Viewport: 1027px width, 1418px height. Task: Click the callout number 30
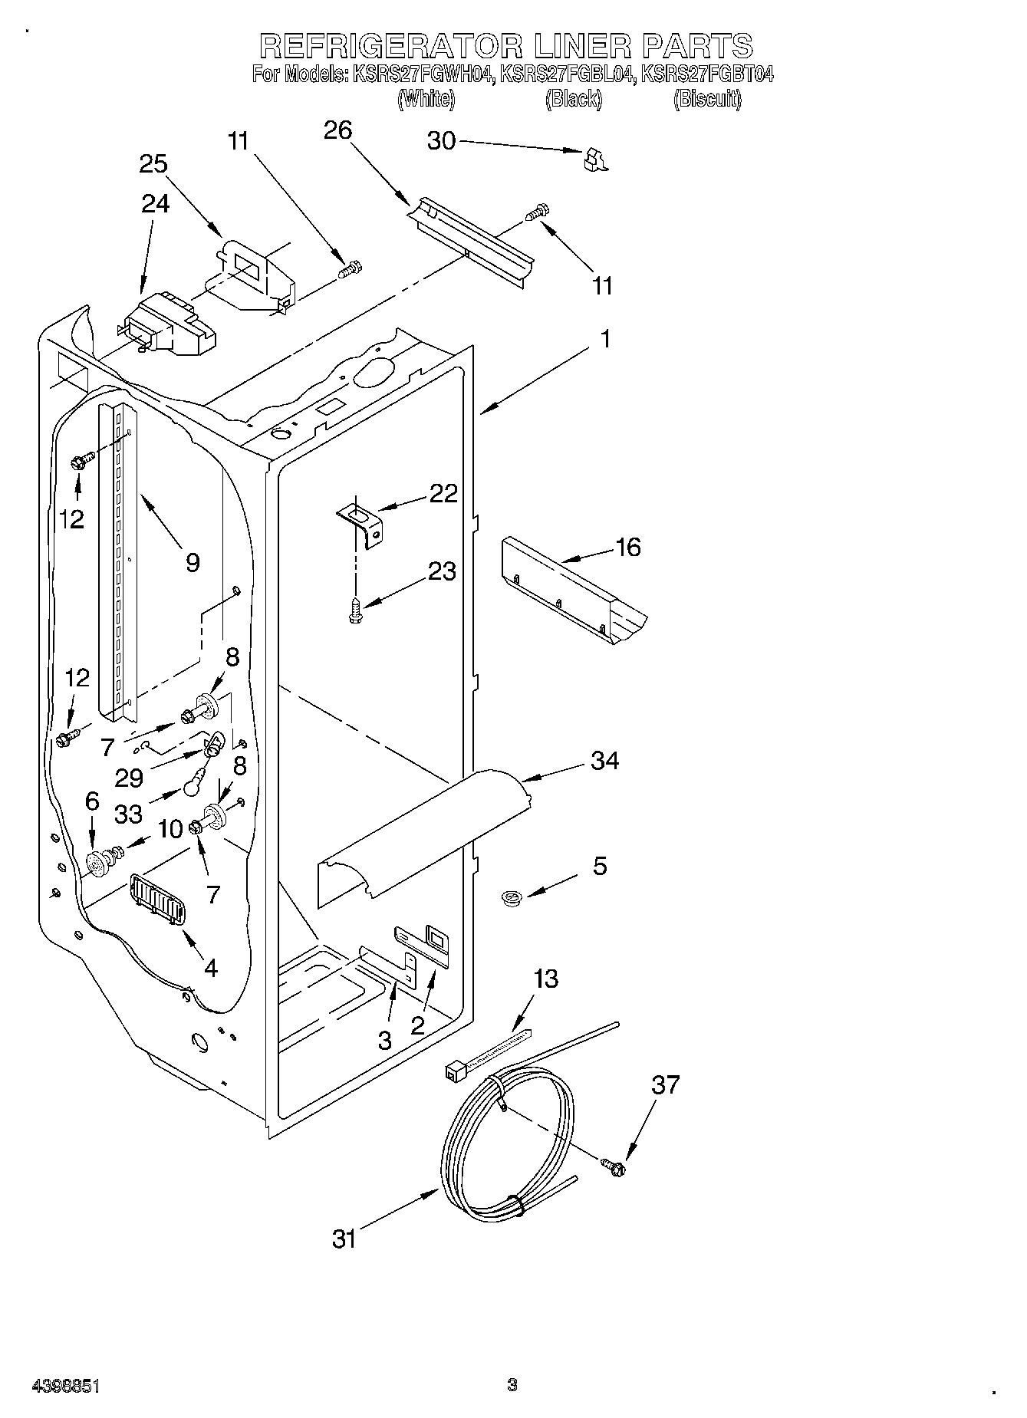click(441, 141)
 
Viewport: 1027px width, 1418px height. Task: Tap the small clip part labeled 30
click(594, 159)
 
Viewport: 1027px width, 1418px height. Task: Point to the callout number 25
click(153, 164)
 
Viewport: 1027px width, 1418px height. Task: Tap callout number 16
click(628, 548)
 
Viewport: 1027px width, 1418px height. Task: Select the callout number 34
click(605, 761)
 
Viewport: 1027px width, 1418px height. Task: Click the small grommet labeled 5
click(509, 896)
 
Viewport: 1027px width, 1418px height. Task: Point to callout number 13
click(545, 979)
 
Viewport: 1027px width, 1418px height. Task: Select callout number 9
click(193, 563)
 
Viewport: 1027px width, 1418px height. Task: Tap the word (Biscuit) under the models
click(707, 99)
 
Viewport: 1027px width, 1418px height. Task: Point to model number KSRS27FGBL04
click(568, 74)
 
